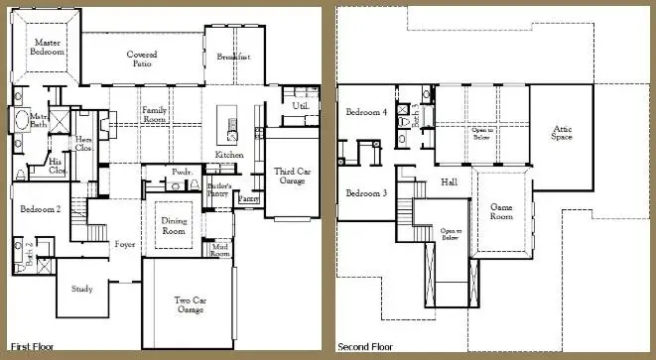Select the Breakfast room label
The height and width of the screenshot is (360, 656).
pos(231,57)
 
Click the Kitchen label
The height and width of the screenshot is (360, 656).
pos(229,156)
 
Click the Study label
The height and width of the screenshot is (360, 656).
pos(82,289)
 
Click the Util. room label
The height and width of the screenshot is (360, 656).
pos(301,105)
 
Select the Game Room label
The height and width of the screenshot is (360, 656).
pos(501,211)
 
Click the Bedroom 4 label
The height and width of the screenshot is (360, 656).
pos(366,112)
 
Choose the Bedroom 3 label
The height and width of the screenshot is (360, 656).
pos(366,193)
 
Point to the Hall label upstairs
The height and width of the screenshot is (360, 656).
pos(449,182)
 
